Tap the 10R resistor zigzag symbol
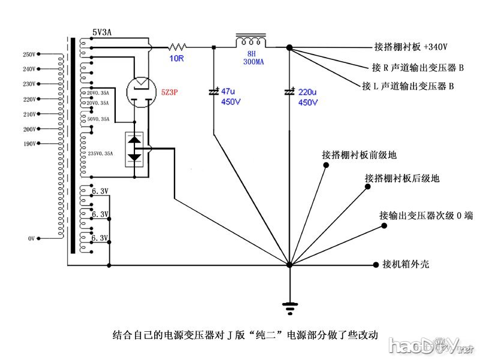point(178,46)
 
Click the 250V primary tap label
point(29,55)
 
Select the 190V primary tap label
point(29,144)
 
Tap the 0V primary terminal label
point(32,239)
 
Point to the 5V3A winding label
point(103,32)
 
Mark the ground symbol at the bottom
point(290,308)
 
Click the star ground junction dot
point(289,265)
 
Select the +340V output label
point(410,46)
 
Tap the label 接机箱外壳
point(406,264)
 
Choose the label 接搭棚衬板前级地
point(359,155)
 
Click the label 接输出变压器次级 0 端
point(427,215)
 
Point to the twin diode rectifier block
point(136,149)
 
